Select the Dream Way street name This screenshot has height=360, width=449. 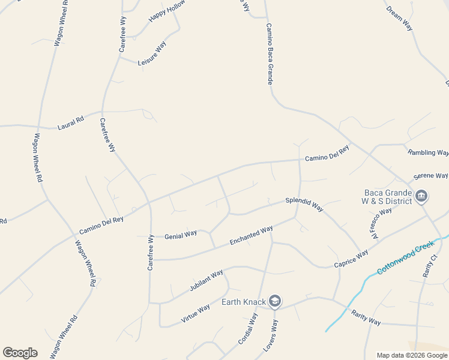click(x=400, y=19)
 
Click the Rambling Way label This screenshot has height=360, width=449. click(x=428, y=152)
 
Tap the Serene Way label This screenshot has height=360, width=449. click(x=430, y=176)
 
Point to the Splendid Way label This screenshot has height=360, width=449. click(x=304, y=204)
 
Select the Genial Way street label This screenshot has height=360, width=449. click(x=181, y=235)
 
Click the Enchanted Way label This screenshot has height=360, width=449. click(x=252, y=236)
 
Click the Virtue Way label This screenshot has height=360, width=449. click(x=196, y=314)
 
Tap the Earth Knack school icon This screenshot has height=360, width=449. click(x=275, y=301)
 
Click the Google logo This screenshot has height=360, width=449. click(x=20, y=353)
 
